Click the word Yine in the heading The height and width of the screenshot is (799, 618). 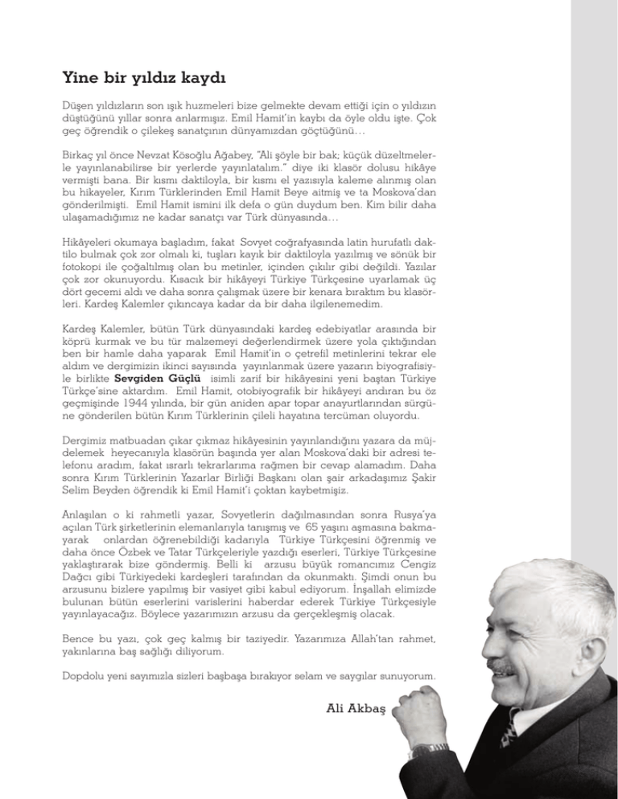coord(77,80)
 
